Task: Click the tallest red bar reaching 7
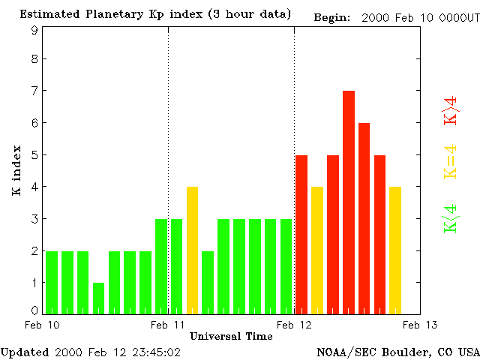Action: (349, 202)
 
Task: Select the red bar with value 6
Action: (364, 217)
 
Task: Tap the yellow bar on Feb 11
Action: (192, 250)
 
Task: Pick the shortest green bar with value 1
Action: (98, 298)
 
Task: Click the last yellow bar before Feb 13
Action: (395, 250)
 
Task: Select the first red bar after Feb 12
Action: (301, 234)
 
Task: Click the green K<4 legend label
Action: (450, 219)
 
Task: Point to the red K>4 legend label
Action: (450, 109)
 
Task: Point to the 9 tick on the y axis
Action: (34, 30)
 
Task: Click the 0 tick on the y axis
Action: (34, 310)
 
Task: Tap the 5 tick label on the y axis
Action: (34, 155)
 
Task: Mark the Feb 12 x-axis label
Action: (294, 325)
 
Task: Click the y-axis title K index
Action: (16, 172)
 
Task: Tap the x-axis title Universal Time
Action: (231, 336)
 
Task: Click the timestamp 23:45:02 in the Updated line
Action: (154, 351)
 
